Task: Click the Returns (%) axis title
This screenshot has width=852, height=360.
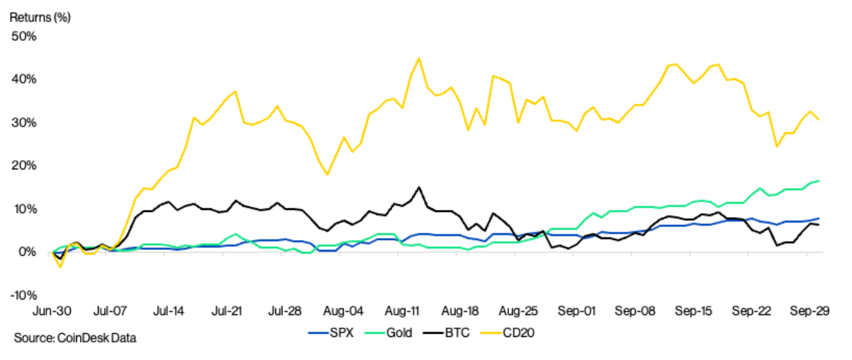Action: point(40,17)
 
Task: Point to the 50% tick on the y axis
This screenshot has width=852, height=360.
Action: point(24,36)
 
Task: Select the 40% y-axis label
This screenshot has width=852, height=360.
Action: point(24,79)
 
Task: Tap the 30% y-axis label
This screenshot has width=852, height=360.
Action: point(24,122)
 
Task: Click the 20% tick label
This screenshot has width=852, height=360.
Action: point(24,166)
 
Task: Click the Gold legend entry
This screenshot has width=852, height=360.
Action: point(389,332)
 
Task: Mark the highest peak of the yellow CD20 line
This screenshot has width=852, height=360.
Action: point(419,58)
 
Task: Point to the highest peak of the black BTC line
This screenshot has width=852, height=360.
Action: point(419,187)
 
